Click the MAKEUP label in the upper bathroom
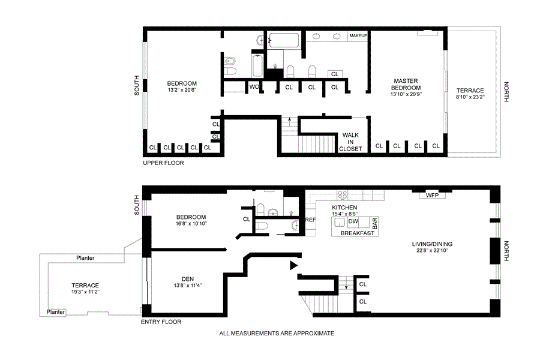358,35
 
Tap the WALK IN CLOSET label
350,142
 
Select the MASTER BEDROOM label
406,84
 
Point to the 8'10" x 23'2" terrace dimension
470,97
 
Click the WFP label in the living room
432,196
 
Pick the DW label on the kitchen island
353,221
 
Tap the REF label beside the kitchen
310,220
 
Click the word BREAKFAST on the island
358,233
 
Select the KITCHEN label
344,208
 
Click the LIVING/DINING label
432,244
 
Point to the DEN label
188,278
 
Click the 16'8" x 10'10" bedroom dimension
191,224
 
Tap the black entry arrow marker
293,265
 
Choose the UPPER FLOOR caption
164,163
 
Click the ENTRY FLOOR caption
161,322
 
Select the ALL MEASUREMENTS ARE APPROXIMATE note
277,333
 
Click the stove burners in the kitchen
343,196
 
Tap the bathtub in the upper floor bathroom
284,40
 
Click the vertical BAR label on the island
374,224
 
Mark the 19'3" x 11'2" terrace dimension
85,292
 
